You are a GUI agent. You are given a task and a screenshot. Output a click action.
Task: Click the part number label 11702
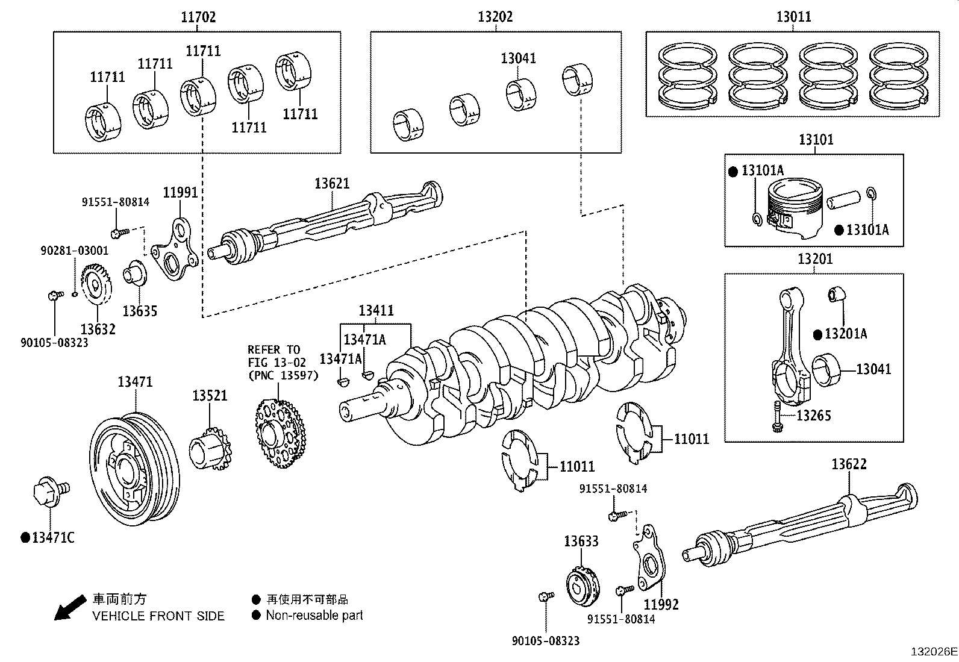click(198, 17)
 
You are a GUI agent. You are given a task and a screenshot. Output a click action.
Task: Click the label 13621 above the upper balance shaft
click(331, 183)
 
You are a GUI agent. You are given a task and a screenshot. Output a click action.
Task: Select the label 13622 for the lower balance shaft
click(849, 464)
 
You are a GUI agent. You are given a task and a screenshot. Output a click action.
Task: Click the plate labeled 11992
click(651, 560)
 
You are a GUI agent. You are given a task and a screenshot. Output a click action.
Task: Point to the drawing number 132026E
click(933, 652)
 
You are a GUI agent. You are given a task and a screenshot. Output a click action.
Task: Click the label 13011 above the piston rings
click(793, 17)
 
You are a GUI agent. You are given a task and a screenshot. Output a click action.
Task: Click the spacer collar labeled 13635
click(135, 274)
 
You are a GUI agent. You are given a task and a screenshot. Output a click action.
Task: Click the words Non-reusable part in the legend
click(314, 615)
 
